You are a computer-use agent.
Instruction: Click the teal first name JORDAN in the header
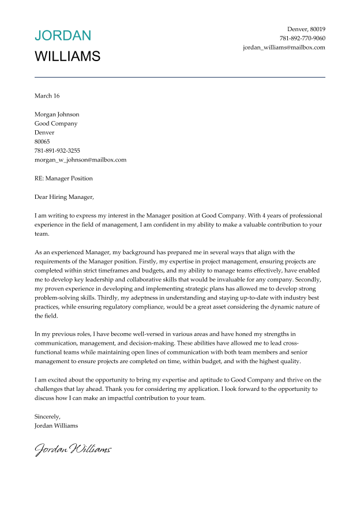click(x=63, y=36)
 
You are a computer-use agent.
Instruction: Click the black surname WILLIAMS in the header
click(x=67, y=56)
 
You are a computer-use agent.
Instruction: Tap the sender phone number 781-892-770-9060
click(x=302, y=38)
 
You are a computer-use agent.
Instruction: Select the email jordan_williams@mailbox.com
click(x=284, y=47)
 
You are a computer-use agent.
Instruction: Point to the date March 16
click(x=47, y=96)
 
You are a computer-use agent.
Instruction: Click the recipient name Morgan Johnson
click(x=57, y=114)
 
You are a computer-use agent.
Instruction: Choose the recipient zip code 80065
click(x=42, y=141)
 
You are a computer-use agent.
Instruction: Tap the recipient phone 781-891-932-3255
click(x=57, y=150)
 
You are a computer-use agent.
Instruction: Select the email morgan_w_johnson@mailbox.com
click(x=80, y=160)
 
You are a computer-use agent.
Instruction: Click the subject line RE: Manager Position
click(x=63, y=178)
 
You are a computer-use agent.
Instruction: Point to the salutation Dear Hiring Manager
click(x=63, y=197)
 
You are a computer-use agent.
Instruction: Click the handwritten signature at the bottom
click(x=73, y=449)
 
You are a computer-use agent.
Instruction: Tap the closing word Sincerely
click(x=47, y=416)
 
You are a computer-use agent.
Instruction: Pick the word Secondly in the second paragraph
click(x=310, y=280)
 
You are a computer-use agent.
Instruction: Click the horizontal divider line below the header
click(x=180, y=77)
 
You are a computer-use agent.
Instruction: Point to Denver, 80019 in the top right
click(x=306, y=29)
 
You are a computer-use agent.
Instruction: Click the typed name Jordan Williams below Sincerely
click(x=56, y=425)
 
